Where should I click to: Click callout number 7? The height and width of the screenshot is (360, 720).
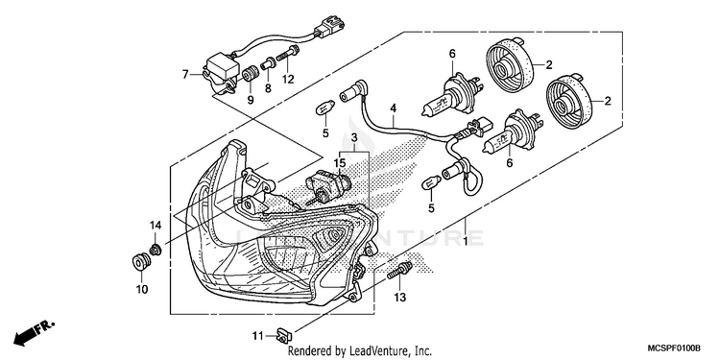(x=185, y=74)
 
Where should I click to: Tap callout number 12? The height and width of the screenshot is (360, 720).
(x=288, y=80)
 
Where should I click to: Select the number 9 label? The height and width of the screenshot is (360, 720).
(x=251, y=99)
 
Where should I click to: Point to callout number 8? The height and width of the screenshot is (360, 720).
(x=268, y=88)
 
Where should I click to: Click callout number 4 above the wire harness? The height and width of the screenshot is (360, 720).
(x=393, y=108)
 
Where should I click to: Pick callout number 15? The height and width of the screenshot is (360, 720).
(x=339, y=163)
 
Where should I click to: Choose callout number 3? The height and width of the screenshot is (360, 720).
(x=354, y=137)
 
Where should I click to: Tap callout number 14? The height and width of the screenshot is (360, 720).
(x=156, y=225)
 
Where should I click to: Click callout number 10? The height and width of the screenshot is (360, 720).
(x=141, y=289)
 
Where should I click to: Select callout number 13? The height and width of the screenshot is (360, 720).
(x=400, y=298)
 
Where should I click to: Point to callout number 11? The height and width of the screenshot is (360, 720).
(x=257, y=336)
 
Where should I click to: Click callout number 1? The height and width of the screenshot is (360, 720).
(x=466, y=241)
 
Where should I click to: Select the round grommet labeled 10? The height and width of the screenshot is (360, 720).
(x=138, y=264)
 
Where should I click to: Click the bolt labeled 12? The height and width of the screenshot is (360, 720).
(x=287, y=52)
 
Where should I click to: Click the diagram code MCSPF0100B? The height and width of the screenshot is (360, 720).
(x=674, y=348)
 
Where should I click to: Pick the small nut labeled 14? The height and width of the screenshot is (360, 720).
(x=156, y=250)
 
